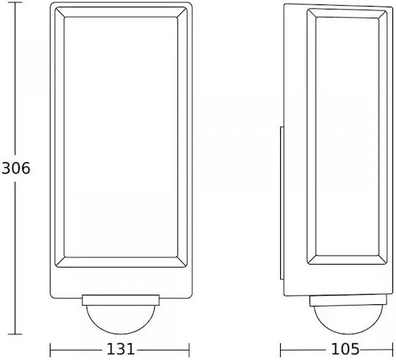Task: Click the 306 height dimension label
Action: (x=15, y=168)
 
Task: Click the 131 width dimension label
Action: (x=120, y=349)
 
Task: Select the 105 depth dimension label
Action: (x=345, y=349)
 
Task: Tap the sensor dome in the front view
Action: (x=120, y=326)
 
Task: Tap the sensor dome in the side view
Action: (x=348, y=326)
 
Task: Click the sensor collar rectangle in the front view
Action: (x=120, y=300)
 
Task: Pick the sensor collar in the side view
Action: (x=348, y=301)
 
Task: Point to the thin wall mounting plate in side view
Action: (x=282, y=203)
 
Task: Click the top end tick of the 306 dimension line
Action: (x=15, y=2)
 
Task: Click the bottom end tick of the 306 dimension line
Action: (x=15, y=334)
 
